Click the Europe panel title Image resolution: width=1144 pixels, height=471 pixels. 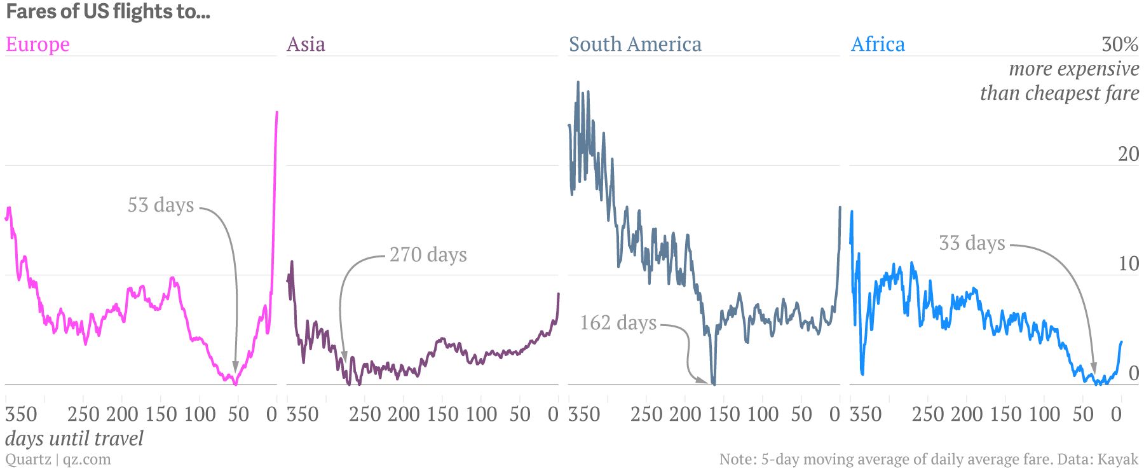pos(37,44)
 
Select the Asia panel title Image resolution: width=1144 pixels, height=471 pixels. pos(306,44)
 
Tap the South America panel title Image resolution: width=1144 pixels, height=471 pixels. pos(635,44)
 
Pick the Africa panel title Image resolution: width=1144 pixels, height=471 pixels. pos(878,44)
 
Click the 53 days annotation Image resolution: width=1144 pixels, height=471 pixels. pos(161,205)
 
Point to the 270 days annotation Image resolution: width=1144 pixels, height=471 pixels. pos(428,254)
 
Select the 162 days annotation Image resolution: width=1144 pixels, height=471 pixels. pos(618,322)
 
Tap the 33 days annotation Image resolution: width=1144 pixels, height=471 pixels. pos(972,243)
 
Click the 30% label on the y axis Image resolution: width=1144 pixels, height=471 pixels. pos(1120,44)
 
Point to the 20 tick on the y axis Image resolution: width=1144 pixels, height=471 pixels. pos(1129,154)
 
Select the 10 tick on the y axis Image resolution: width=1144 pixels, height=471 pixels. pos(1129,263)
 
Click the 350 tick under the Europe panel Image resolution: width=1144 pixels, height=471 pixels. pos(21,414)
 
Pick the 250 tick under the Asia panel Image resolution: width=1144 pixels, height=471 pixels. pos(365,414)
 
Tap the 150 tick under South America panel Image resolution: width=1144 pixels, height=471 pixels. pos(725,414)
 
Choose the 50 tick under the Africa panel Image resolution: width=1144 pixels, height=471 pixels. pos(1083,414)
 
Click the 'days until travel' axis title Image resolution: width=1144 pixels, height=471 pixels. pos(74,439)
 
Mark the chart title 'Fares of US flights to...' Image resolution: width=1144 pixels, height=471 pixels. pos(107,11)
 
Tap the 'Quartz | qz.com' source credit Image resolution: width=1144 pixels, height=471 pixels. pos(58,459)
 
